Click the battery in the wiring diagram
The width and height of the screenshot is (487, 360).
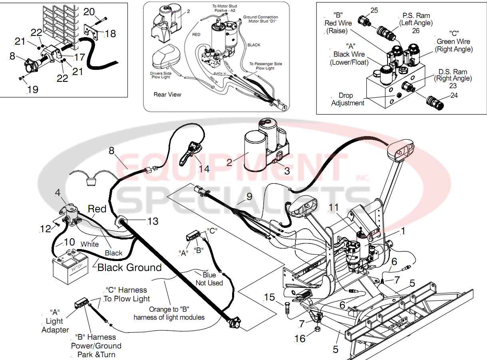point(71,266)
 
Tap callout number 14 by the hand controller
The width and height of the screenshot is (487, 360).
point(204,169)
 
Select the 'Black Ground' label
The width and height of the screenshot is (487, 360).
point(129,267)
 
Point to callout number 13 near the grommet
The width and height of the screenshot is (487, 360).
point(153,221)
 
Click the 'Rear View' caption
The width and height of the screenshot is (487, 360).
point(167,95)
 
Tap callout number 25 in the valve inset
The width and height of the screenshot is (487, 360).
point(374,10)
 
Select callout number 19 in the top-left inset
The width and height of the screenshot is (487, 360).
point(32,89)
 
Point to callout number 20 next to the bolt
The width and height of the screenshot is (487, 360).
point(89,12)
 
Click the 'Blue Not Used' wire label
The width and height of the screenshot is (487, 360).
point(209,279)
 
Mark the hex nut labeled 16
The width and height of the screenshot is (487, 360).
point(316,329)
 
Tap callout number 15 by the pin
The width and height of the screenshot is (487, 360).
point(270,297)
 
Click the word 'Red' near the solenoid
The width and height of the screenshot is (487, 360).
point(97,209)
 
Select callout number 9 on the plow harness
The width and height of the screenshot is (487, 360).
point(249,196)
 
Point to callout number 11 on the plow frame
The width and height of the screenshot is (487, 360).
point(334,207)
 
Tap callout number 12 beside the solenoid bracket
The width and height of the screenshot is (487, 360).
point(46,229)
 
